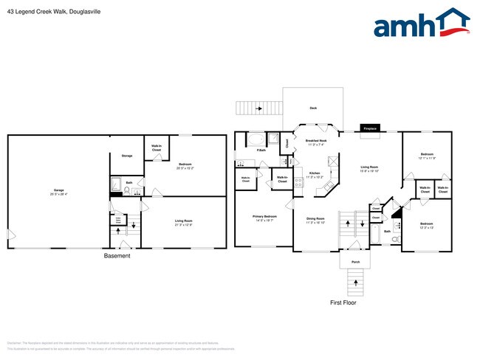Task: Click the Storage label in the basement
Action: click(126, 156)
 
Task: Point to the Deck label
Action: click(313, 108)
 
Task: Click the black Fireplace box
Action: click(370, 128)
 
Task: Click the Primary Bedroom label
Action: click(264, 216)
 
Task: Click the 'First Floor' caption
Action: click(343, 302)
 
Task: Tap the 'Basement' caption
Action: click(117, 256)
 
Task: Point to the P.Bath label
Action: click(261, 150)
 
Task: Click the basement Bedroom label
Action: click(184, 165)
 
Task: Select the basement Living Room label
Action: click(183, 221)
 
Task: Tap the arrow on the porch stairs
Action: click(355, 280)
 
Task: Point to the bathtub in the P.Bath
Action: click(256, 139)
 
